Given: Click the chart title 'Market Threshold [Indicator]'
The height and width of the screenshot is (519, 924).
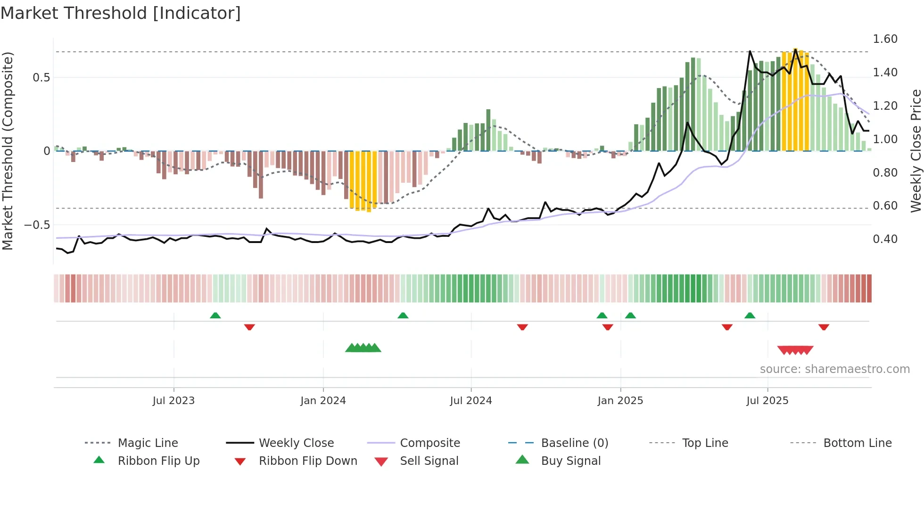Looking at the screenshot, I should [121, 13].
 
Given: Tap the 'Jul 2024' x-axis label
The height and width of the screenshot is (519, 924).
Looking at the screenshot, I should [470, 401].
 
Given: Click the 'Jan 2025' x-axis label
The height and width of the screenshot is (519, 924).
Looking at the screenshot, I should [620, 401].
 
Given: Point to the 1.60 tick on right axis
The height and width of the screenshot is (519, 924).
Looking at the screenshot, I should [885, 39].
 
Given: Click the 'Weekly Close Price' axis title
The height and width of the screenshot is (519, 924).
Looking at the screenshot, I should [916, 151].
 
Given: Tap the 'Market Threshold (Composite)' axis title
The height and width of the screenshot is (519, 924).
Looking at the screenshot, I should [8, 151].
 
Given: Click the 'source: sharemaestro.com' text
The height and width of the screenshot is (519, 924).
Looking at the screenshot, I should [834, 369].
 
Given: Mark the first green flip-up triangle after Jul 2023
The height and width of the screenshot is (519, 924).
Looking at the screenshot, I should [215, 315].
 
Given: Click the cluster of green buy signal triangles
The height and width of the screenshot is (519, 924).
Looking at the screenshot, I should [363, 348].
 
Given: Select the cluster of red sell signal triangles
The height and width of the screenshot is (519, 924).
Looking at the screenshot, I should [795, 350].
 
